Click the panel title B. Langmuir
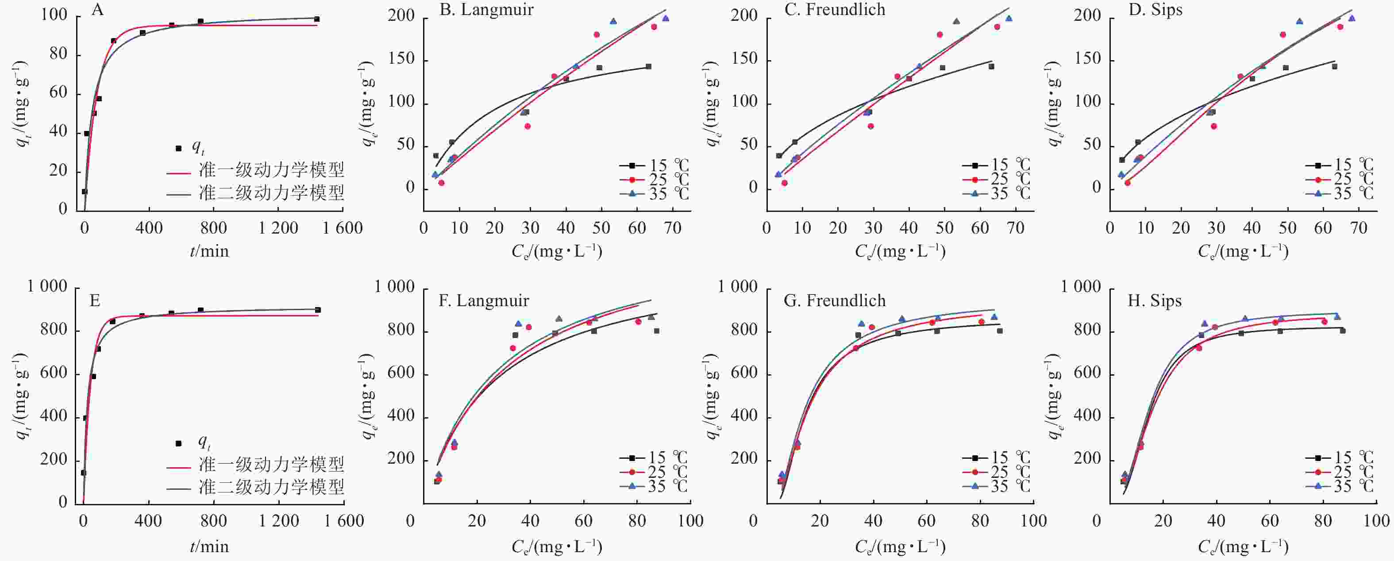(x=486, y=10)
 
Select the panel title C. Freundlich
(x=835, y=10)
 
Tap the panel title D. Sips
(x=1155, y=10)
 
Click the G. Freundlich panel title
(x=835, y=301)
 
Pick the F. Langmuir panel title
(x=484, y=301)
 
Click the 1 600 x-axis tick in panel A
(x=343, y=228)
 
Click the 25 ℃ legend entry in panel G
(x=996, y=472)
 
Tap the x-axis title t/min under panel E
(x=209, y=547)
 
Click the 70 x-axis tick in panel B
(x=673, y=228)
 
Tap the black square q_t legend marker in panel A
(x=179, y=148)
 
